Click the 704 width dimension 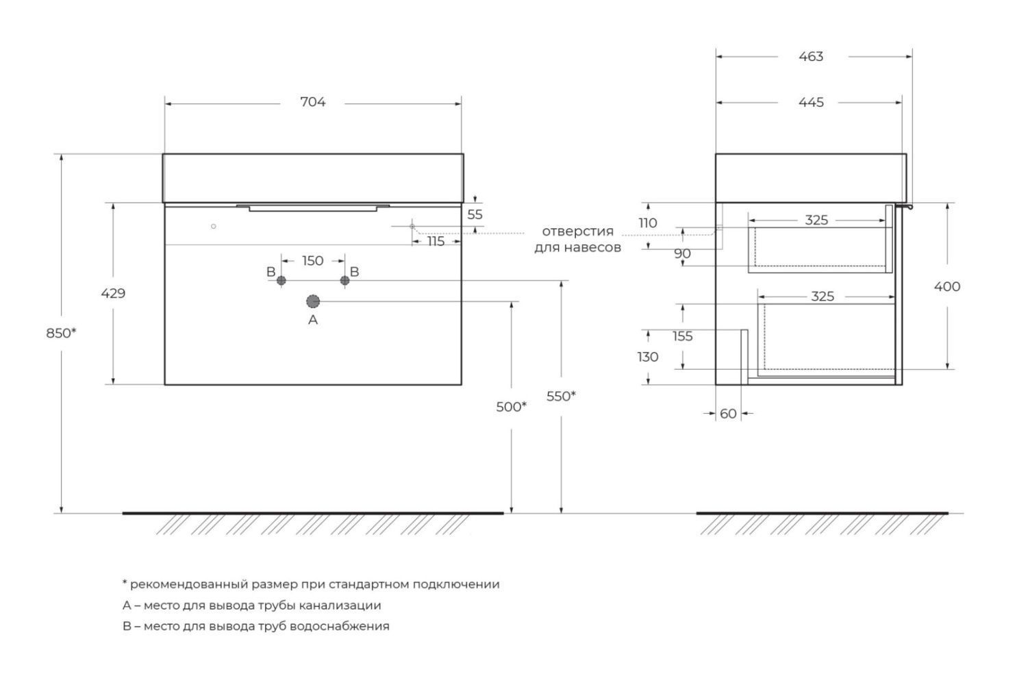tap(313, 102)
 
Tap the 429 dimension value tap(114, 293)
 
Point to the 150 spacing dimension tap(312, 260)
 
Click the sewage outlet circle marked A tap(313, 301)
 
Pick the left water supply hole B tap(281, 280)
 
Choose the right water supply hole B tap(344, 280)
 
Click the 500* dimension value tap(512, 407)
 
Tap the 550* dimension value tap(561, 396)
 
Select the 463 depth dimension tap(811, 56)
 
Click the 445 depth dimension tap(811, 102)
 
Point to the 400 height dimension tap(947, 286)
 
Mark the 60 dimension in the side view tap(729, 414)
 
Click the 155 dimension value tap(683, 336)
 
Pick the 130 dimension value tap(648, 357)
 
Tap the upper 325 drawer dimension tap(816, 220)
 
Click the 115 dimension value tap(436, 241)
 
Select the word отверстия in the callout tap(578, 231)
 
